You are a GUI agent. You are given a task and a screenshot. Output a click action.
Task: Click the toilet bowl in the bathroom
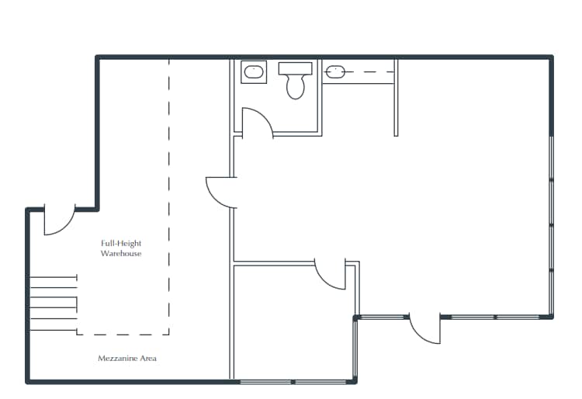pos(295,86)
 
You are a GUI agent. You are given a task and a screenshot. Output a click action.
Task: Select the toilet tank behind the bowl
pos(295,68)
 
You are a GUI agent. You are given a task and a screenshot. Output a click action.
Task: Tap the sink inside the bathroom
pos(253,73)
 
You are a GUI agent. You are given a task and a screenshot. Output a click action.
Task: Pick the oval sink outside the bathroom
pos(334,72)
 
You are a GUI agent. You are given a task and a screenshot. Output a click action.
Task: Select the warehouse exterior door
pos(58,221)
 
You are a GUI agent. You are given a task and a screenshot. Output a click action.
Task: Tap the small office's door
pos(330,276)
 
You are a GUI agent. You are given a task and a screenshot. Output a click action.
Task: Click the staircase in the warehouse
pos(53,303)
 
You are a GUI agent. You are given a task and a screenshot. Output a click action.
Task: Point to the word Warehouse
pos(121,254)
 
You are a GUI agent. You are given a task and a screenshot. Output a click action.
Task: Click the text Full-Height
pos(121,243)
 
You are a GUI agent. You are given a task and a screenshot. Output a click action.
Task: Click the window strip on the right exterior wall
pos(551,225)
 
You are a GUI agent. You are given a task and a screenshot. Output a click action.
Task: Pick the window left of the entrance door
pos(383,317)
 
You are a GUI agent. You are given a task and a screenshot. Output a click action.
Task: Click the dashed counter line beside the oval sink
pos(369,72)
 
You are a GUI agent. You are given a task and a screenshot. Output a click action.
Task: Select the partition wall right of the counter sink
pos(396,97)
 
